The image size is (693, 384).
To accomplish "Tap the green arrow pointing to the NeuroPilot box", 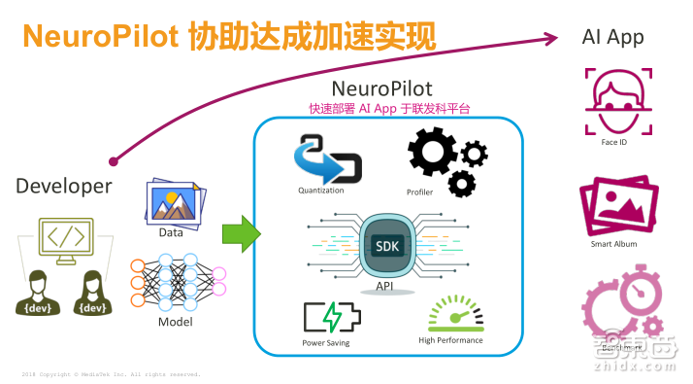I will (x=241, y=234).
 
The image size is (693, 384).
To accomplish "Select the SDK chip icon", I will (x=388, y=246).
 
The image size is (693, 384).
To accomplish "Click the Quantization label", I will (x=321, y=191).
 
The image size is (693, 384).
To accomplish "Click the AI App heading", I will (x=612, y=38).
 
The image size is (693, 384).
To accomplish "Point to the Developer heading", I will (x=63, y=186).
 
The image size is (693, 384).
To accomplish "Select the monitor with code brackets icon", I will (x=67, y=242).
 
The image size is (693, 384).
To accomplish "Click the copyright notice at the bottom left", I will (x=111, y=374).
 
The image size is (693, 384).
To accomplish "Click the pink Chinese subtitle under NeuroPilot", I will (x=388, y=109).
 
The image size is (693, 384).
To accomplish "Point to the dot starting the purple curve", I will (x=114, y=160).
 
